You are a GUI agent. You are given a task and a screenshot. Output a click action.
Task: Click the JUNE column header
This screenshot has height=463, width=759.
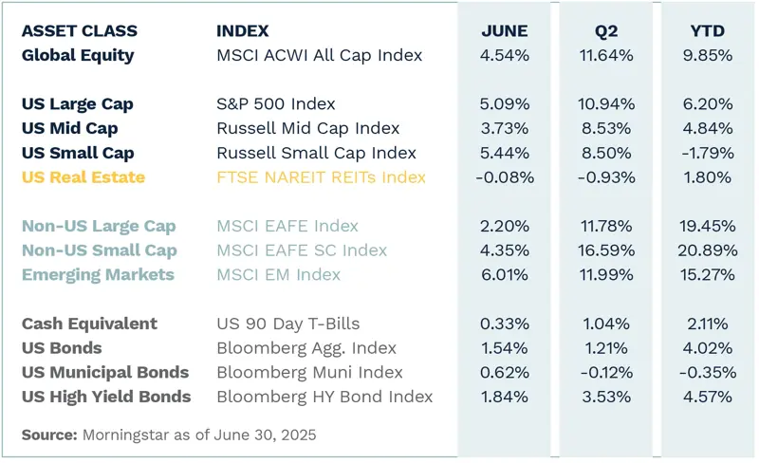click(x=505, y=30)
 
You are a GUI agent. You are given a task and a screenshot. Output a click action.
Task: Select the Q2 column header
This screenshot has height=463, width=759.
click(x=606, y=30)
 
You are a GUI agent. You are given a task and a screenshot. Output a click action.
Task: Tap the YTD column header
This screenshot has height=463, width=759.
click(x=707, y=30)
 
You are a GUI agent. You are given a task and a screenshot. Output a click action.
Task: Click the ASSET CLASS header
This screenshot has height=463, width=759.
click(x=79, y=30)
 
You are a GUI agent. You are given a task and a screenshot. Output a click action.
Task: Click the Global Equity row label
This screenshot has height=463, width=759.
click(x=78, y=55)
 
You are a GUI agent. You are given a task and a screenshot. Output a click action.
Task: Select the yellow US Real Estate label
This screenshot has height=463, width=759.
click(x=83, y=176)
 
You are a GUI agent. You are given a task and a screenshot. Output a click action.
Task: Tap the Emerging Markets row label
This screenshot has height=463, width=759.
click(x=98, y=275)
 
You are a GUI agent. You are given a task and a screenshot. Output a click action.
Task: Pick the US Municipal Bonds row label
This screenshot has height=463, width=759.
click(x=105, y=373)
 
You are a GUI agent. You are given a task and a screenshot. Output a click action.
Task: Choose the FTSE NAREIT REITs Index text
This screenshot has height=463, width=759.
click(x=321, y=176)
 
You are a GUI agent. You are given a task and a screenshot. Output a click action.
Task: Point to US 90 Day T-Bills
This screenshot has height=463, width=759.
click(x=288, y=324)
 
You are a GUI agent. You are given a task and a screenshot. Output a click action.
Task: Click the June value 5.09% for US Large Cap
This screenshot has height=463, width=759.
click(x=506, y=103)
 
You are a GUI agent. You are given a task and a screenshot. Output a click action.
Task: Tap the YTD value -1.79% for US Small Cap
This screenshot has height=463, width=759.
click(x=707, y=152)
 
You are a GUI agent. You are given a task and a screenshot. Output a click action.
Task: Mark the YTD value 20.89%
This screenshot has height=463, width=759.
click(x=707, y=250)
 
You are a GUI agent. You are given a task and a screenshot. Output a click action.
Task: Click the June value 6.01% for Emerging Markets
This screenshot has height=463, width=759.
click(x=506, y=275)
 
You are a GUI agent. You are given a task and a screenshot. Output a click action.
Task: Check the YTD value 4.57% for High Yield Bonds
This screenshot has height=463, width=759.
click(x=707, y=397)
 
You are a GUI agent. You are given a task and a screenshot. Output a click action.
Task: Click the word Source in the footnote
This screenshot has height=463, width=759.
click(x=47, y=435)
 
